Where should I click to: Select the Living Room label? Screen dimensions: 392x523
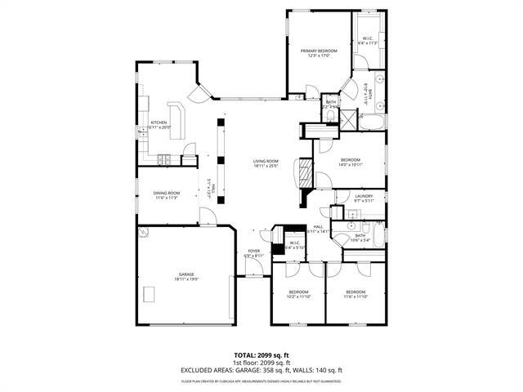coord(266,161)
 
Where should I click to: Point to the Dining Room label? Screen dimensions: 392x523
coord(166,193)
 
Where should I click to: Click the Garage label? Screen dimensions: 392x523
coord(186,274)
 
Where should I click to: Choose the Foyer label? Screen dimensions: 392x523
coord(253,252)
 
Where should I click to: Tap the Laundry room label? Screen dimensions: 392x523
coord(364,196)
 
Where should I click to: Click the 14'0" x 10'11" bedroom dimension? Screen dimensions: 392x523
coord(350,164)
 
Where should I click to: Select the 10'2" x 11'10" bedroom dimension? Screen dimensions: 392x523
coord(298,296)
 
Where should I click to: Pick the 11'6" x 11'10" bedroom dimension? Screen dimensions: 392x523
coord(355,296)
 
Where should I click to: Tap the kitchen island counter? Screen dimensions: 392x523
coord(177,119)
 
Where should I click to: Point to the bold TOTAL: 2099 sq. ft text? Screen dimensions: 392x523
coord(261,354)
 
